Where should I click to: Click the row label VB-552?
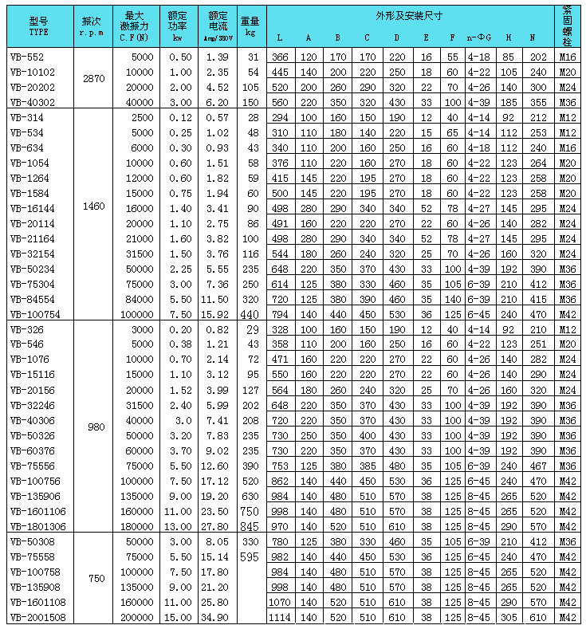pyautogui.click(x=23, y=57)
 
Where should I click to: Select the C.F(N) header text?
pyautogui.click(x=133, y=36)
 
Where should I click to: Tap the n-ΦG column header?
pyautogui.click(x=478, y=37)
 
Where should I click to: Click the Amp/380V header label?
pyautogui.click(x=218, y=37)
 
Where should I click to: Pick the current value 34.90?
pyautogui.click(x=218, y=618)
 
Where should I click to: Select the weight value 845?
pyautogui.click(x=250, y=525)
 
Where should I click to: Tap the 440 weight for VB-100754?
pyautogui.click(x=250, y=314)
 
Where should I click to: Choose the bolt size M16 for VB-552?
pyautogui.click(x=567, y=57)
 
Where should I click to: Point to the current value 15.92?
pyautogui.click(x=218, y=314)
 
